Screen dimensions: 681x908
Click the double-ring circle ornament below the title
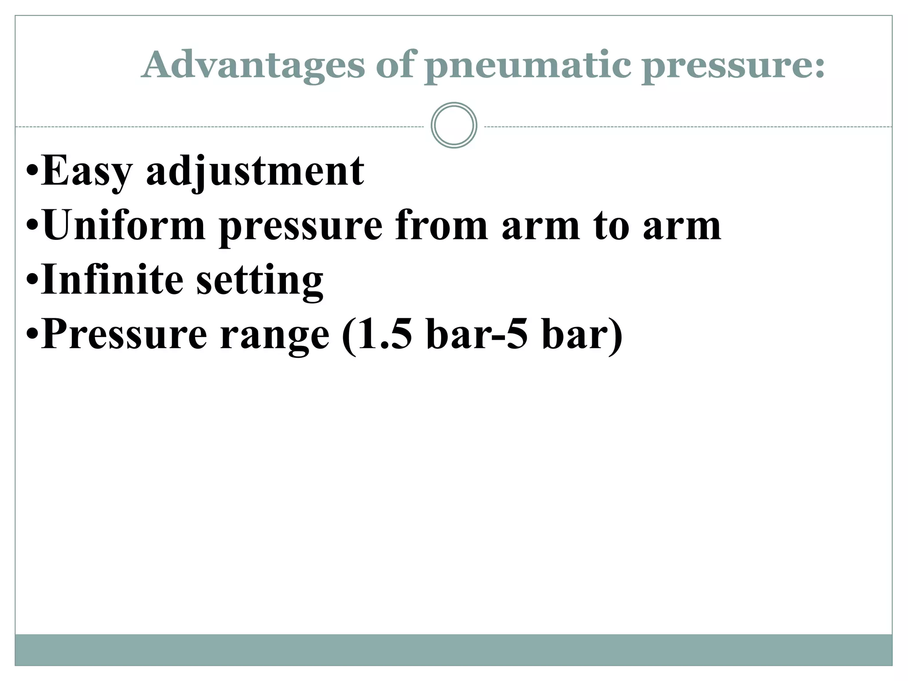point(454,125)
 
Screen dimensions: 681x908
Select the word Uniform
point(124,226)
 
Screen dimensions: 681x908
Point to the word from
point(441,226)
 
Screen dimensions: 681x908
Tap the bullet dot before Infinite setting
point(32,279)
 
